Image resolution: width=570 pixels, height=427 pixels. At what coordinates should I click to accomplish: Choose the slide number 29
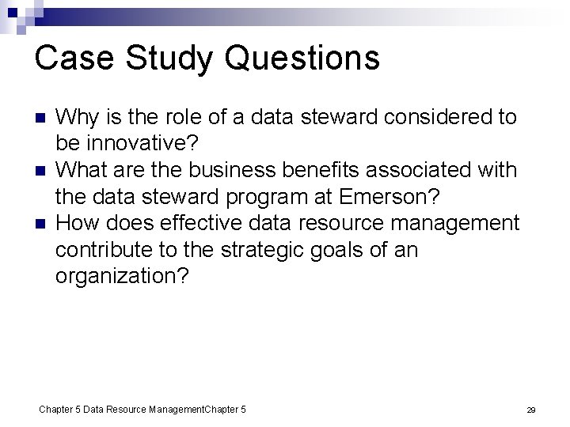click(531, 410)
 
